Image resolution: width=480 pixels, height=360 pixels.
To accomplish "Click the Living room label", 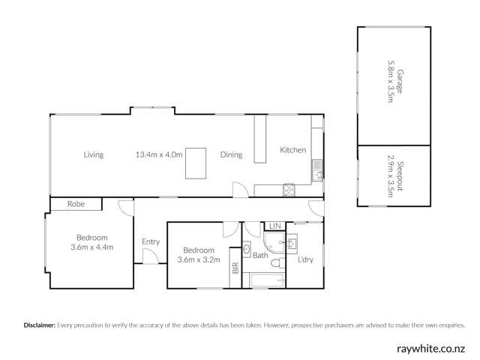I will click(x=94, y=155).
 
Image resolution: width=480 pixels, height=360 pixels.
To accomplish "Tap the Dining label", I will click(x=231, y=155).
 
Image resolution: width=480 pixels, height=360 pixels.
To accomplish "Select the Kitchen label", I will click(x=292, y=150).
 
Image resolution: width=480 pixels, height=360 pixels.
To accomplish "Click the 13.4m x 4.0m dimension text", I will click(x=159, y=155).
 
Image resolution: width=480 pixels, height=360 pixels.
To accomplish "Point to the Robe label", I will click(x=76, y=203).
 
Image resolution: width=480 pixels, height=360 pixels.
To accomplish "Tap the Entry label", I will click(x=151, y=241).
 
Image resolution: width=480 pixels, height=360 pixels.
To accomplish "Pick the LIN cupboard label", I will click(x=274, y=226).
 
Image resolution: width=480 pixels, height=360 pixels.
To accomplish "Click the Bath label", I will click(x=260, y=256).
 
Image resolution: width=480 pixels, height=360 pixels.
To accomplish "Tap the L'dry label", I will click(x=306, y=260).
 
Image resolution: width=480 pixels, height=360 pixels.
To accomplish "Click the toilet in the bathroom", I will click(x=277, y=264).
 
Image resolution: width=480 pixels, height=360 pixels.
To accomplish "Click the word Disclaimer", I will click(x=39, y=325).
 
